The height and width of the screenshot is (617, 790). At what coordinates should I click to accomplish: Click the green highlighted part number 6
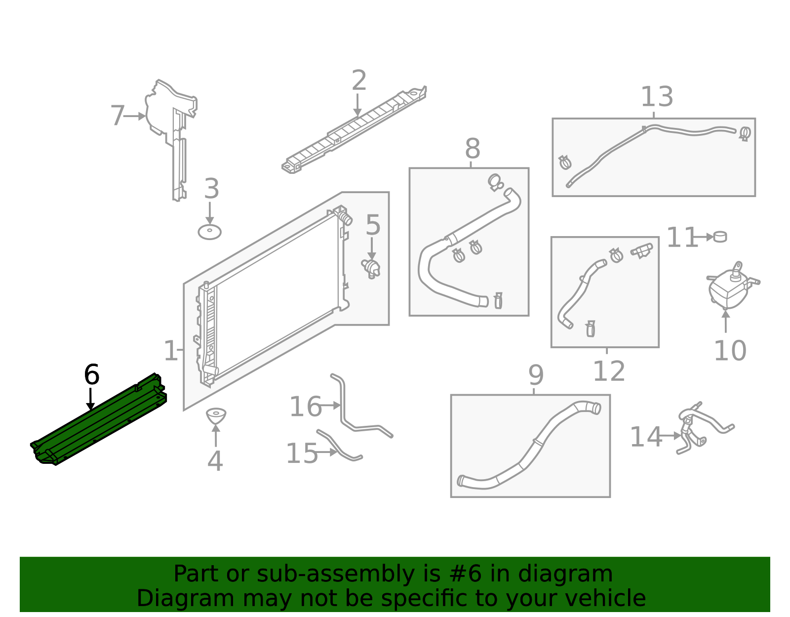pyautogui.click(x=99, y=420)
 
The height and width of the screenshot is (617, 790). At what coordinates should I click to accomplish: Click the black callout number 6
pyautogui.click(x=92, y=375)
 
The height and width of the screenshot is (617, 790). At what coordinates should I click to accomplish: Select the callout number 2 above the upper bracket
pyautogui.click(x=359, y=81)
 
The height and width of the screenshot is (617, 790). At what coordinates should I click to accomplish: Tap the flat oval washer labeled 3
pyautogui.click(x=209, y=232)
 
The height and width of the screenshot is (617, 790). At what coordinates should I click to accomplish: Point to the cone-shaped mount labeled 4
pyautogui.click(x=216, y=415)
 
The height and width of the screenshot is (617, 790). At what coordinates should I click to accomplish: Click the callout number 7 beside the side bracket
pyautogui.click(x=118, y=116)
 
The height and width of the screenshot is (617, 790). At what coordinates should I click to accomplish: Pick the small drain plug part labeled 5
pyautogui.click(x=371, y=268)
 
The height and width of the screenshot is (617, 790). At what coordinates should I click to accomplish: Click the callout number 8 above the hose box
pyautogui.click(x=472, y=149)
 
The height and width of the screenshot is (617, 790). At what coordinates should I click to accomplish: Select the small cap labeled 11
pyautogui.click(x=720, y=237)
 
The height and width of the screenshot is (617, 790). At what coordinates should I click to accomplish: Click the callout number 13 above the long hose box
pyautogui.click(x=656, y=97)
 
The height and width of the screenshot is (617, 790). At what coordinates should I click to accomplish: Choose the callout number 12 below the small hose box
pyautogui.click(x=608, y=371)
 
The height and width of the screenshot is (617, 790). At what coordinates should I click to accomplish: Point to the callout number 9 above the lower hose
pyautogui.click(x=536, y=376)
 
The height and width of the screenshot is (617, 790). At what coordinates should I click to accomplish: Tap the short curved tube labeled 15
pyautogui.click(x=341, y=447)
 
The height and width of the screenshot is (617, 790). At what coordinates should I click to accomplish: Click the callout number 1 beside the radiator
pyautogui.click(x=170, y=351)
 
